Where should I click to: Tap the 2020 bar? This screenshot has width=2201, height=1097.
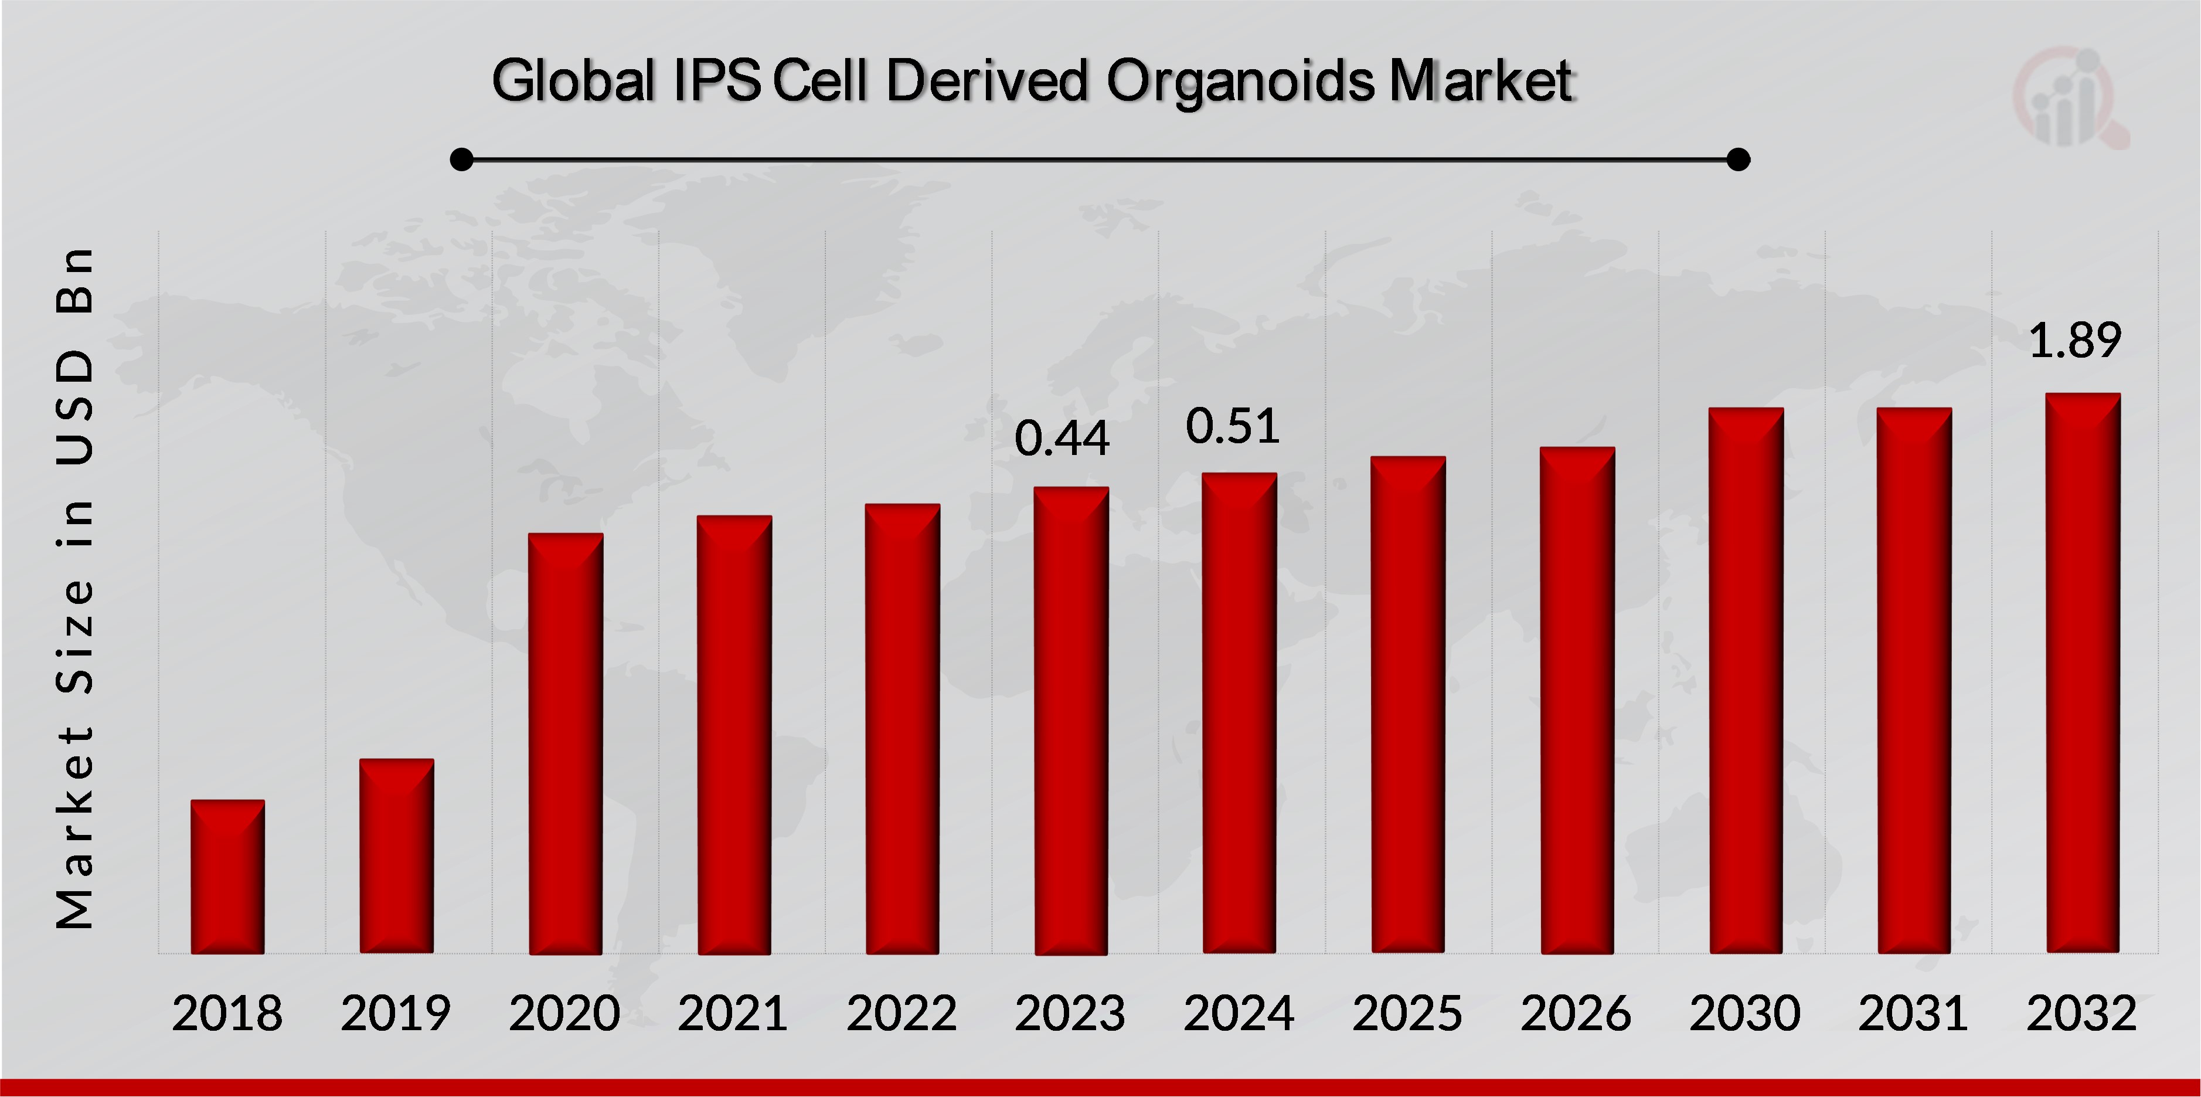[x=566, y=743]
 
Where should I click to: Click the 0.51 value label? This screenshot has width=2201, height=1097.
[x=1232, y=426]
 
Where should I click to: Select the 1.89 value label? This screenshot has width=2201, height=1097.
[x=2074, y=340]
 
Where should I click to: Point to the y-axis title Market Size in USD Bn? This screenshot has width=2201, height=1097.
[x=75, y=589]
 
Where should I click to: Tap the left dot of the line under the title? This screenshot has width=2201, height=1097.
[x=461, y=159]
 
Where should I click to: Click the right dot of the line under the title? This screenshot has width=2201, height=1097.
[x=1738, y=159]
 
